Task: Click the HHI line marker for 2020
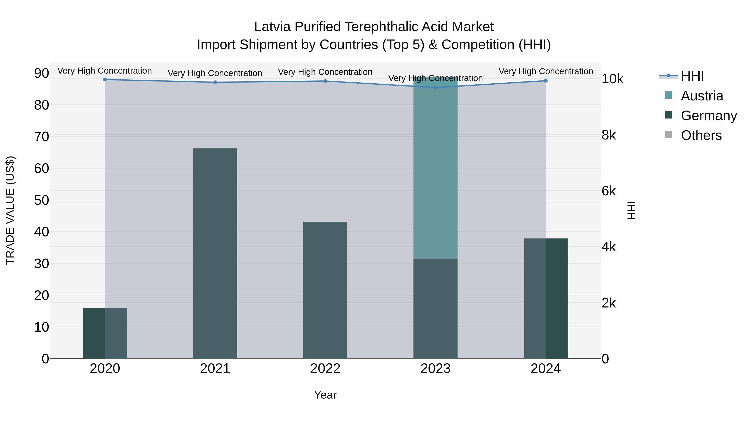(x=105, y=80)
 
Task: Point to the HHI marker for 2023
(x=435, y=88)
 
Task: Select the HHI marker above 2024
(x=546, y=81)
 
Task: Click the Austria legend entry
(x=702, y=96)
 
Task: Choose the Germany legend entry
(x=709, y=116)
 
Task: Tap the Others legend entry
(x=701, y=135)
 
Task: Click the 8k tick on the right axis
(x=609, y=135)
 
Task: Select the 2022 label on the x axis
(x=325, y=369)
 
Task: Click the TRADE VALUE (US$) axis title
(x=10, y=210)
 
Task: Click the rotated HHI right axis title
(x=631, y=210)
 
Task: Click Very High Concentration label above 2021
(x=215, y=73)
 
